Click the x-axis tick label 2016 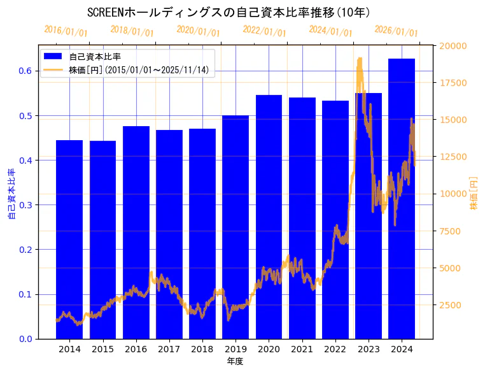pos(136,350)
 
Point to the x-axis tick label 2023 pos(369,350)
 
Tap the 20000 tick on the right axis pos(454,46)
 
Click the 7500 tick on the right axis pos(451,231)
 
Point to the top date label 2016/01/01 pos(66,31)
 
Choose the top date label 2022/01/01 pos(264,31)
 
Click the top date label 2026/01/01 pos(396,31)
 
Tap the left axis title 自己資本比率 pos(11,194)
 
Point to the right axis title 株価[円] pos(474,194)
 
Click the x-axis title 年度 pos(235,361)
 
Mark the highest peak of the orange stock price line pos(360,58)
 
